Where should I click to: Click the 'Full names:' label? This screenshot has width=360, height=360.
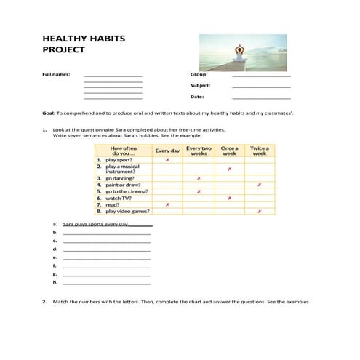point(56,74)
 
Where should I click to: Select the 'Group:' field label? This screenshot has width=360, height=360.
point(199,74)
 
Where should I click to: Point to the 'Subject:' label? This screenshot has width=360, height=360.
point(201,85)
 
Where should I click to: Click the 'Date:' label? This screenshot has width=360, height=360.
point(197,96)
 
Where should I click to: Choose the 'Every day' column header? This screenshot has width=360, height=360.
point(167,151)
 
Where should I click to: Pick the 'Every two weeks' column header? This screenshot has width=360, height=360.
point(199,151)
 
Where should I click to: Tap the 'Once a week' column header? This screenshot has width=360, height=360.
point(229,151)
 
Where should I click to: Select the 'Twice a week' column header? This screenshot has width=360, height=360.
point(259,151)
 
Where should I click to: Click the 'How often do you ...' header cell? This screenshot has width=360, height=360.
point(123,151)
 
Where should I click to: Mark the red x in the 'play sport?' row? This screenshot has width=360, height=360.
point(167,159)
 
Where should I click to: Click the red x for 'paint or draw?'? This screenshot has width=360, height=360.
point(259,185)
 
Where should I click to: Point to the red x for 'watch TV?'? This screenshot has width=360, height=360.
point(229,198)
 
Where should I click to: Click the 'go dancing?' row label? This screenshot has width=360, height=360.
point(120,178)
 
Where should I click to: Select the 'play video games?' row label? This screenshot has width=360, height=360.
point(127,211)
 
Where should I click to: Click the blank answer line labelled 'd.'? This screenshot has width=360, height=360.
point(107,249)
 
